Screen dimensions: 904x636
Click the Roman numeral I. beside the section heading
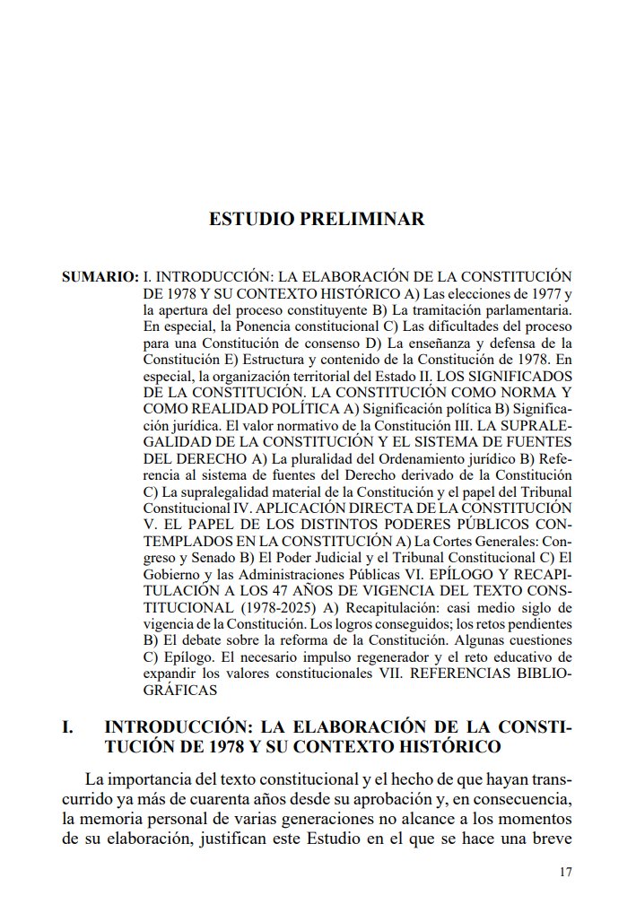point(68,725)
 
